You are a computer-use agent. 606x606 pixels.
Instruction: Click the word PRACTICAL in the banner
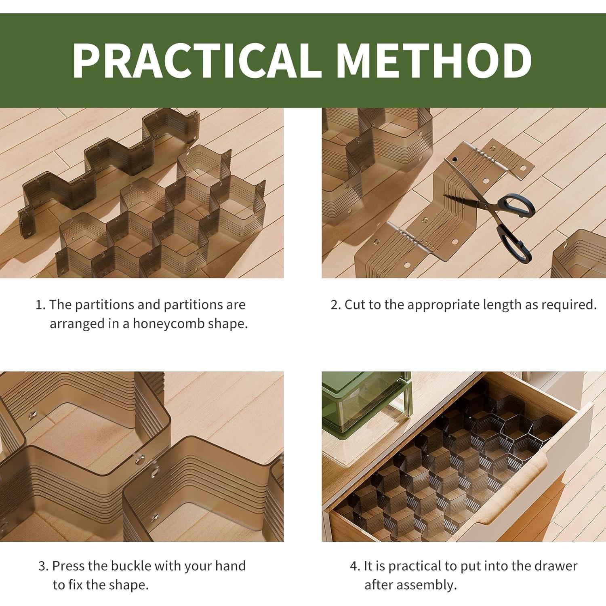[197, 60]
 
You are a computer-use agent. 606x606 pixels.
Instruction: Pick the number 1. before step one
[40, 305]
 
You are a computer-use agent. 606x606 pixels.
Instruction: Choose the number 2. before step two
[336, 305]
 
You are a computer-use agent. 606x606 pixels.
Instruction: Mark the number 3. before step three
[44, 566]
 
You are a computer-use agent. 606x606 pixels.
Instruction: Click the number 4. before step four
[355, 566]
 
